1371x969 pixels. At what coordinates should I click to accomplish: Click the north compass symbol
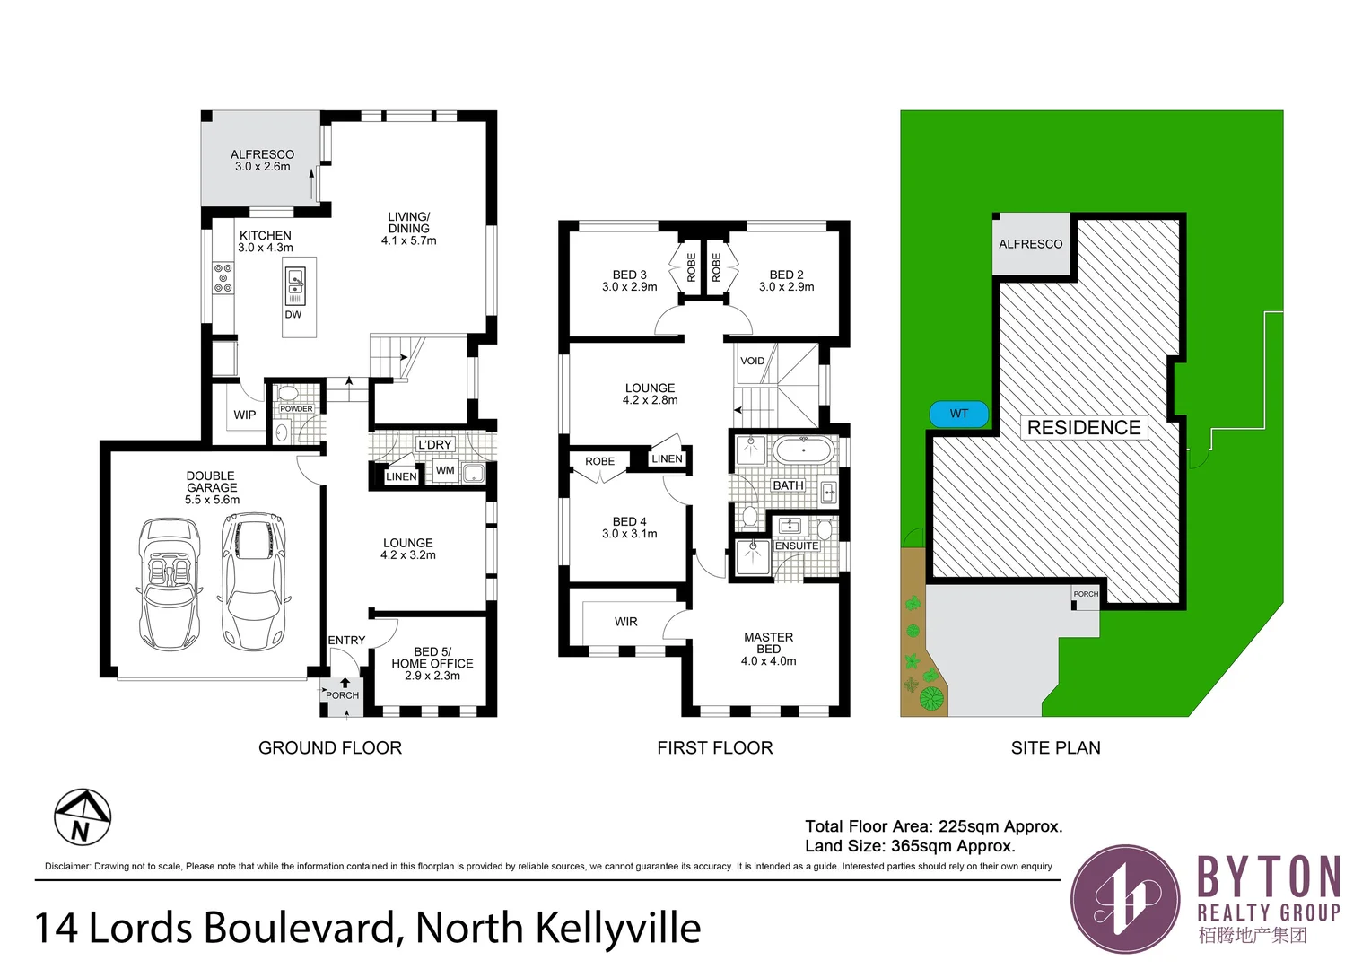pos(83,817)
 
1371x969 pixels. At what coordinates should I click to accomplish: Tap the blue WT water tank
pos(958,414)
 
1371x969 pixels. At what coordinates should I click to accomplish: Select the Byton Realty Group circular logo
pos(1125,898)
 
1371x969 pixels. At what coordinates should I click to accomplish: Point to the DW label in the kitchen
pos(293,315)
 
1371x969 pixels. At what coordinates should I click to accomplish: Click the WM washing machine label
pos(445,470)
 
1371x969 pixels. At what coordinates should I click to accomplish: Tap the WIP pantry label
pos(244,415)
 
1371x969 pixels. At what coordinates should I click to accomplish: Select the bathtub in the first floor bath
pos(804,449)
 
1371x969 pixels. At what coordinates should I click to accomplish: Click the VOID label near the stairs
pos(752,361)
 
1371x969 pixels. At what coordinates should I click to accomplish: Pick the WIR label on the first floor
pos(625,622)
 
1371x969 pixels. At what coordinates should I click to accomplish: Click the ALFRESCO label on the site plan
pos(1030,244)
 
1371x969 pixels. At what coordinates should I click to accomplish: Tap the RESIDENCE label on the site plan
pos(1083,428)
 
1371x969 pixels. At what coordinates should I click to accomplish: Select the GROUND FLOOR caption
pos(329,748)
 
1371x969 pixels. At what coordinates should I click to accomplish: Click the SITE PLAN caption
pos(1055,748)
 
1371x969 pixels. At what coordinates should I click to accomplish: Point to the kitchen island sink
pos(296,285)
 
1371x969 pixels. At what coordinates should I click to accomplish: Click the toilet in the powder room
pos(287,394)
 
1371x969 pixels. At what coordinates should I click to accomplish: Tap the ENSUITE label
pos(797,546)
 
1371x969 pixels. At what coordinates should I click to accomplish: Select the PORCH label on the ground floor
pos(342,695)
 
